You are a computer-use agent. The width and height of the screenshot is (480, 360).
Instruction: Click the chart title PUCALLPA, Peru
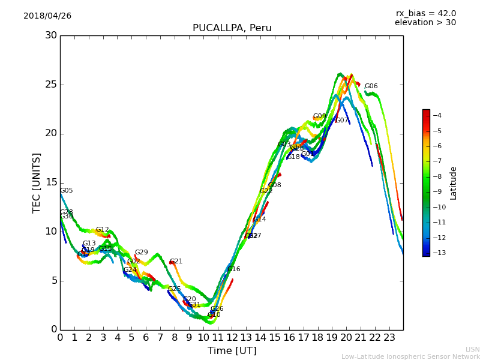[232, 28]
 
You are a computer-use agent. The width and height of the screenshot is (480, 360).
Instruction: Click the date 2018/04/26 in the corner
[47, 16]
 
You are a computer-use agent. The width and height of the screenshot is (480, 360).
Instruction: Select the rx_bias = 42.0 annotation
[426, 14]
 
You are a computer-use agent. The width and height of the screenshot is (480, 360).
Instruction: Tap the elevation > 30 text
[425, 23]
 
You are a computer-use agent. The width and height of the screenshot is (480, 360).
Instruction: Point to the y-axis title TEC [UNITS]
[37, 182]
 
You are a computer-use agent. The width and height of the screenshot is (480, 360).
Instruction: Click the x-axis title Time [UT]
[232, 351]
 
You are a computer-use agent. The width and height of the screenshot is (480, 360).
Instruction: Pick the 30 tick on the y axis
[51, 35]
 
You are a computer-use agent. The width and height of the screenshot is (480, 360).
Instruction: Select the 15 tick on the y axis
[51, 182]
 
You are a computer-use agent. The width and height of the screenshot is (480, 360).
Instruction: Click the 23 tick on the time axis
[389, 338]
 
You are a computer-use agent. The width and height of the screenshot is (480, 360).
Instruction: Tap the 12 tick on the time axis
[232, 338]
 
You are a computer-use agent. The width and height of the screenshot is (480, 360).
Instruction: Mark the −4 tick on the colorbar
[437, 116]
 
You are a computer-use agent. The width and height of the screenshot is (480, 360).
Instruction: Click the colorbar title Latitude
[454, 182]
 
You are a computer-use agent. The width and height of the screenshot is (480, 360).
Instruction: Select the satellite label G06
[371, 86]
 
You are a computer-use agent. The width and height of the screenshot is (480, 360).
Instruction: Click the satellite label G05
[67, 191]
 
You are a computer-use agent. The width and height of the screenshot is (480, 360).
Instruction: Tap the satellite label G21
[176, 262]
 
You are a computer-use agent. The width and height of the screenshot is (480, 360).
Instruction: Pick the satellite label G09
[320, 116]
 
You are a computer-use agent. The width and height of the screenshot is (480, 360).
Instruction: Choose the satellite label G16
[234, 269]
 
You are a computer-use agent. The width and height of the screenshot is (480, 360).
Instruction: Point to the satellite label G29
[142, 253]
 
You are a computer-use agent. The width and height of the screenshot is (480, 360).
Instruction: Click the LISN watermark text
[472, 349]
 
